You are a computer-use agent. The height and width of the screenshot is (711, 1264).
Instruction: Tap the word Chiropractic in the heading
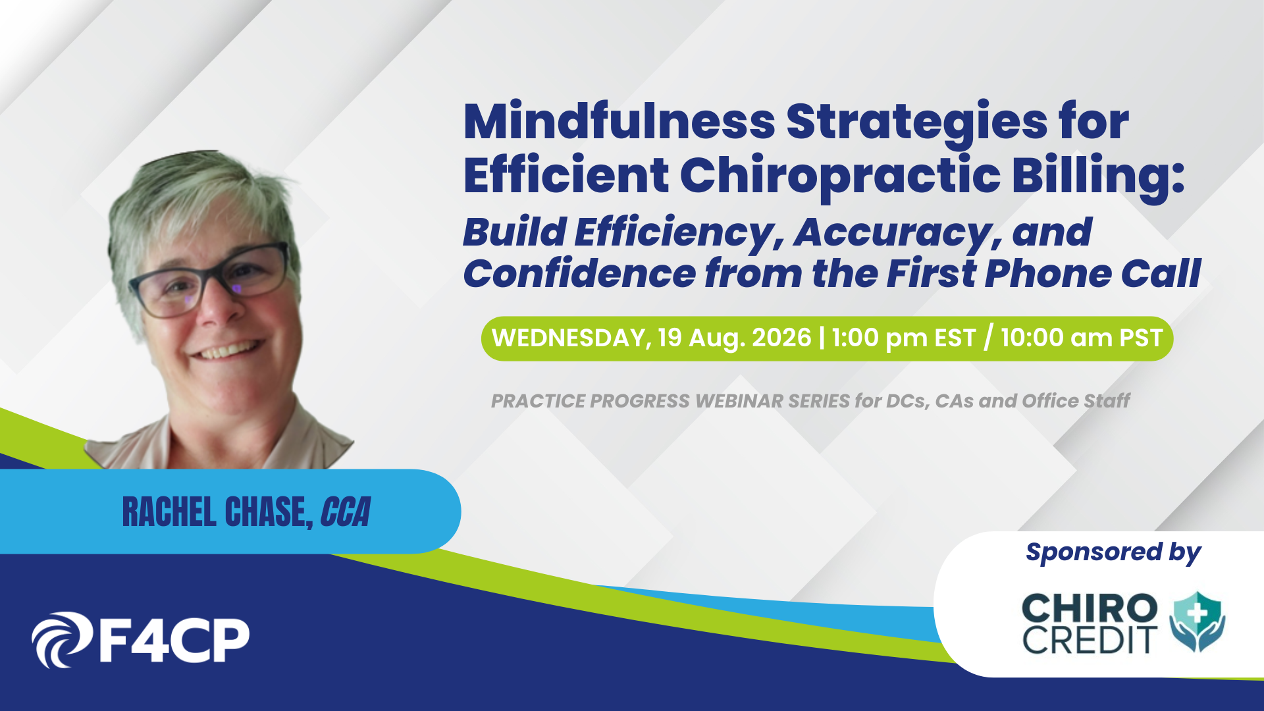pos(840,176)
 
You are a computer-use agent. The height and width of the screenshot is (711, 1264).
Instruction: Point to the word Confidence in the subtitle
pos(579,273)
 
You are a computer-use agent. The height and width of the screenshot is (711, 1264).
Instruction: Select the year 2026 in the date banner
pos(781,338)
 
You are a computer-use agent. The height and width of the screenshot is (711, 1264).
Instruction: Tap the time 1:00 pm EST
pos(903,338)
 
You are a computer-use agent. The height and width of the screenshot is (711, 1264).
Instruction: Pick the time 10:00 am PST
pos(1082,338)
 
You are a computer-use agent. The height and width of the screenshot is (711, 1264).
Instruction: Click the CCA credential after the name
pos(346,512)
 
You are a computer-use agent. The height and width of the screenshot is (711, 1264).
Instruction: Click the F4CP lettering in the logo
pos(174,640)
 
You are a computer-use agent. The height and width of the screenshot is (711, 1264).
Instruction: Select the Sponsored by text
pos(1113,553)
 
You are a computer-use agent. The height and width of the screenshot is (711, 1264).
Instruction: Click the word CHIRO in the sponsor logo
pos(1090,608)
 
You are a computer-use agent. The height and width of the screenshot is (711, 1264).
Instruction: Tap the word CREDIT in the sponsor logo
pos(1090,640)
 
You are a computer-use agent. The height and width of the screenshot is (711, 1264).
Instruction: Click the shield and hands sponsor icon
pos(1198,621)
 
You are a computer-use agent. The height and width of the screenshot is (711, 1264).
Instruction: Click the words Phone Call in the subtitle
pos(1093,273)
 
